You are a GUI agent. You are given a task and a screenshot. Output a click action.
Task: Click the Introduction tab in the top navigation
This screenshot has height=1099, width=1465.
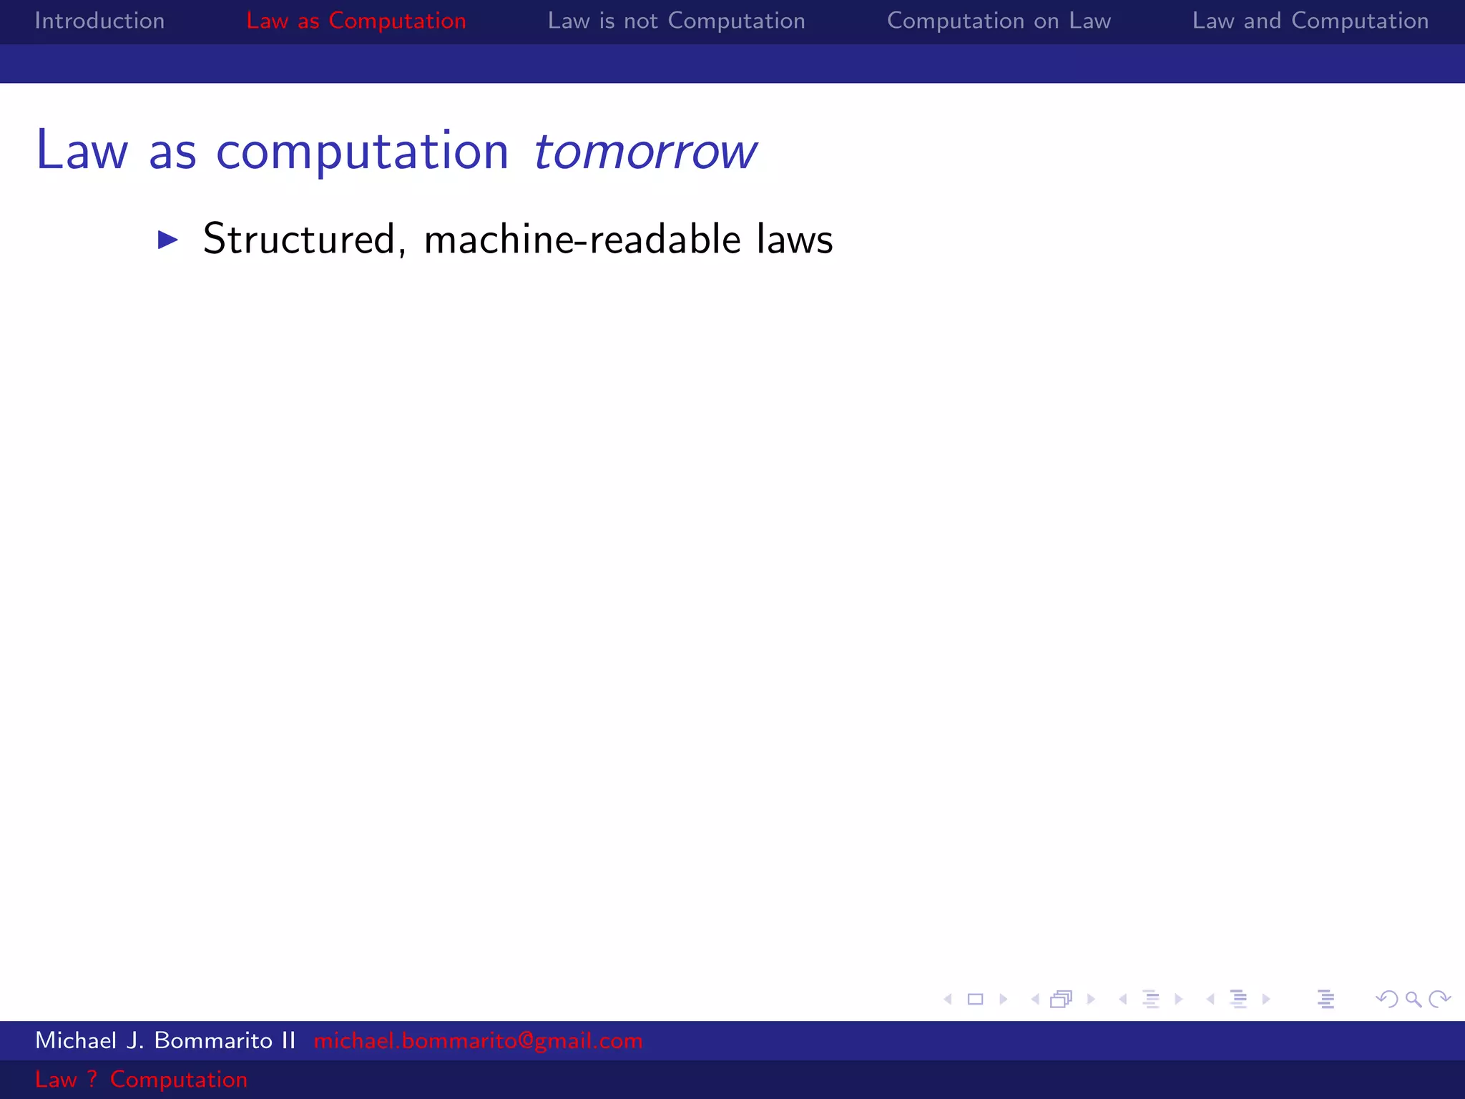point(99,21)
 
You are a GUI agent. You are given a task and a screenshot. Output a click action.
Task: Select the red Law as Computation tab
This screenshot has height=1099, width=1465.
point(356,21)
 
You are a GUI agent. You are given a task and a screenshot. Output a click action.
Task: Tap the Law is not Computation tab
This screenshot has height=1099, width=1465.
point(676,21)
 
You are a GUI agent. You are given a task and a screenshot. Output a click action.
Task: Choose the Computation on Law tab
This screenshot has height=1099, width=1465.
point(999,21)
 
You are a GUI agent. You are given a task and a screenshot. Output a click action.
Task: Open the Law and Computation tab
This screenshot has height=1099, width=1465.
point(1310,21)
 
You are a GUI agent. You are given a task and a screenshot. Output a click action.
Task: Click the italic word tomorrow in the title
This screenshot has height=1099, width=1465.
point(645,152)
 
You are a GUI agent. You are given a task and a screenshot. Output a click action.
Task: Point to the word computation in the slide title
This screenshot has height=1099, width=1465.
point(362,152)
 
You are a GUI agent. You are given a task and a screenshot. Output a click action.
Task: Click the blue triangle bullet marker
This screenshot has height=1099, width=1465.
point(167,240)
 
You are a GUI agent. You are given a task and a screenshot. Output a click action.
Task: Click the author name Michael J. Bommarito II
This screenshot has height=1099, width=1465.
point(165,1040)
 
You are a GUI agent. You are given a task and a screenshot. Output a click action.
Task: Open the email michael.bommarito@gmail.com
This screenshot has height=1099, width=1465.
point(478,1040)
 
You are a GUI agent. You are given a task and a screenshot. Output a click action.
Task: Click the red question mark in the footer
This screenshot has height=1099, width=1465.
point(92,1079)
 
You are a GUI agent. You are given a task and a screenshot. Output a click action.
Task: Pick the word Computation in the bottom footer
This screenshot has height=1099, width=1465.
point(178,1079)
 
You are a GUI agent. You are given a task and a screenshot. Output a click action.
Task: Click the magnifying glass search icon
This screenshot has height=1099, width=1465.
point(1413,999)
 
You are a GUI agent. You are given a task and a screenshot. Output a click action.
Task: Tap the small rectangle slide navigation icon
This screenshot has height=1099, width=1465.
point(975,999)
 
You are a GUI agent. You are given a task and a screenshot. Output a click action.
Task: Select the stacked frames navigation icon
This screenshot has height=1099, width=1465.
point(1062,999)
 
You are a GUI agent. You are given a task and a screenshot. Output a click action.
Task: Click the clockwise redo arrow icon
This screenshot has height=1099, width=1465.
point(1439,999)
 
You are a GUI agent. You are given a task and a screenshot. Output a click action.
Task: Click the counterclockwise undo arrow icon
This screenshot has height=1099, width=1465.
point(1386,999)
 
